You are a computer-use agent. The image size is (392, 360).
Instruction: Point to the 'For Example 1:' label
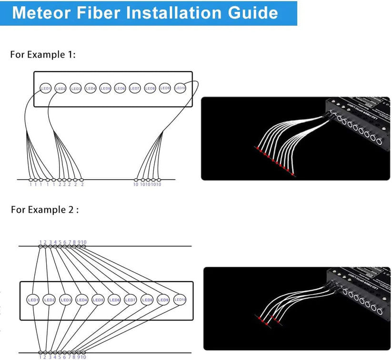coord(43,54)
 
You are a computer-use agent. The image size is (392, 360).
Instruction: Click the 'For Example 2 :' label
coord(45,210)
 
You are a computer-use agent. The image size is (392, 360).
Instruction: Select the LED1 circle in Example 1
coord(46,88)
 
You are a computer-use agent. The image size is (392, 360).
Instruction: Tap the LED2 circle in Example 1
coord(60,88)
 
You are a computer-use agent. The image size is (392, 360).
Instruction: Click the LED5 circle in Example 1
coord(105,88)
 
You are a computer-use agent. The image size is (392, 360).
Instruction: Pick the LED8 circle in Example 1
coord(150,88)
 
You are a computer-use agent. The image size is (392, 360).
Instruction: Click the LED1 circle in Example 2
coord(34,300)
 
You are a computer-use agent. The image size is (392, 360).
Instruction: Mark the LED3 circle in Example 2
coord(66,300)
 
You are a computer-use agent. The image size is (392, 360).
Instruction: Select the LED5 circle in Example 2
coord(98,300)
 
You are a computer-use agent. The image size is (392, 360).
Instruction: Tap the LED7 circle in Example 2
coord(130,300)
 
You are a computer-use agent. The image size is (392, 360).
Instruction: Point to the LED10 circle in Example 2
coord(179,300)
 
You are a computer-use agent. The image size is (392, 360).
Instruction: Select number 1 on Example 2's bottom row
coord(40,356)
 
